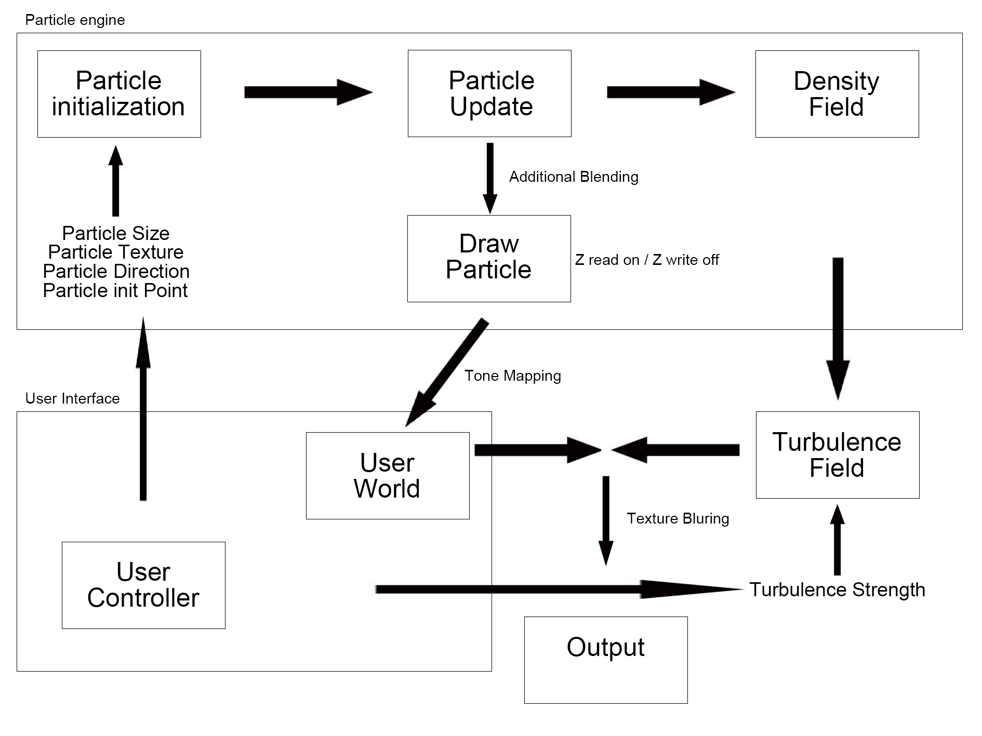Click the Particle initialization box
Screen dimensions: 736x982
119,94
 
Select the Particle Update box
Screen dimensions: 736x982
489,93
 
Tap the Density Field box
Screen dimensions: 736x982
837,94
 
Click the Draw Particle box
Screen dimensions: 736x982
489,258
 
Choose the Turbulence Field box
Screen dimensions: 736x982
837,455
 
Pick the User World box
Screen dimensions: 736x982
388,475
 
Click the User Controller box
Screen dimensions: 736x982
143,585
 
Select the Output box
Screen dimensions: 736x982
606,660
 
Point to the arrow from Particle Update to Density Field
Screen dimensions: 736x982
670,92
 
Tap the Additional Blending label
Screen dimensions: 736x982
574,177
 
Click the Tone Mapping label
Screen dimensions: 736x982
512,376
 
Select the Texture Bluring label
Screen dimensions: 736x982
678,518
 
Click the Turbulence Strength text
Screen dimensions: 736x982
837,590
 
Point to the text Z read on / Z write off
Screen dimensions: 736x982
647,260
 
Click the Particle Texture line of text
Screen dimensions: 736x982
116,252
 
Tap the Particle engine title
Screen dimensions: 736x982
75,20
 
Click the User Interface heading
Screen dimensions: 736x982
72,398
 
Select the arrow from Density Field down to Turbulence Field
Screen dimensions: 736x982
838,327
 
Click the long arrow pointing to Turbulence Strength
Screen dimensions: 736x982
559,589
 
